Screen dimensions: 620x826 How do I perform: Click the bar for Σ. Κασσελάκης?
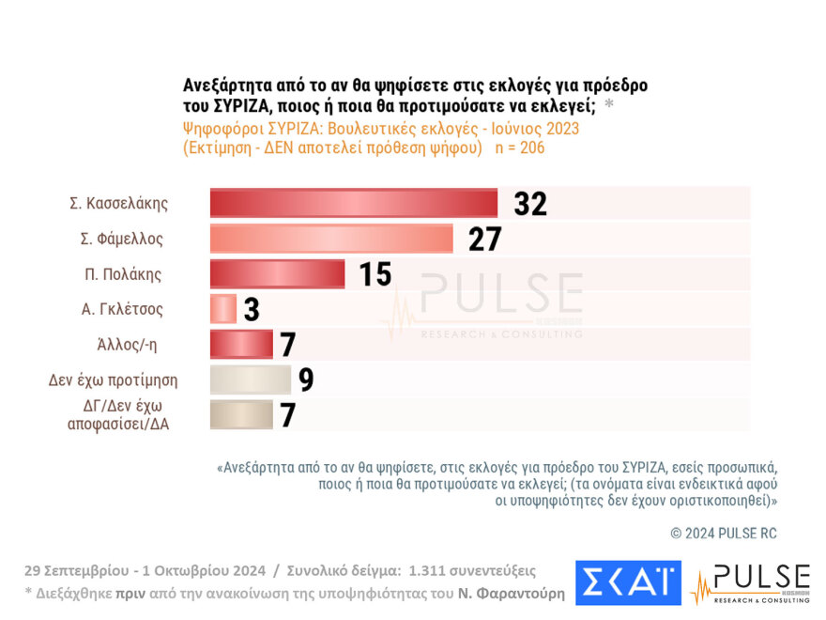[353, 204]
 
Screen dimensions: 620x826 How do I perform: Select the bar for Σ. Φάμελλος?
[331, 240]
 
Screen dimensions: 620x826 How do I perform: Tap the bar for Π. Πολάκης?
[277, 274]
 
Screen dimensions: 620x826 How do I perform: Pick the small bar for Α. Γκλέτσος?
[222, 309]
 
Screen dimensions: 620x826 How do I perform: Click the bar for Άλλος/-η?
[241, 345]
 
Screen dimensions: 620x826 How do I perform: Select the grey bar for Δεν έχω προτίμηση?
[250, 380]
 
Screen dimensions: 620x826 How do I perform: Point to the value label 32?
[530, 204]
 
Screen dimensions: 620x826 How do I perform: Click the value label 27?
[485, 240]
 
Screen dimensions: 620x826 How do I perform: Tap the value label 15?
[375, 274]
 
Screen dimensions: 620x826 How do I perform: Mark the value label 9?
[306, 380]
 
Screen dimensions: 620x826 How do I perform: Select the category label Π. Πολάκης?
[123, 274]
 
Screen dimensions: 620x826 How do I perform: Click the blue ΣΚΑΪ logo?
[628, 582]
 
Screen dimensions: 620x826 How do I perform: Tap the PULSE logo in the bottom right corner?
[750, 582]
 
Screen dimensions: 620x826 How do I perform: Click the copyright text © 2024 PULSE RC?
[723, 534]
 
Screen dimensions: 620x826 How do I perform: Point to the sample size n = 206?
[520, 147]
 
